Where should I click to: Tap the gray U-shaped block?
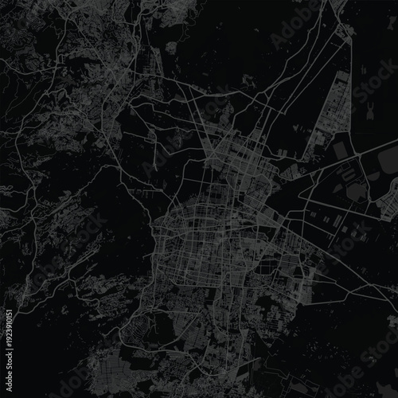point(354,190)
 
